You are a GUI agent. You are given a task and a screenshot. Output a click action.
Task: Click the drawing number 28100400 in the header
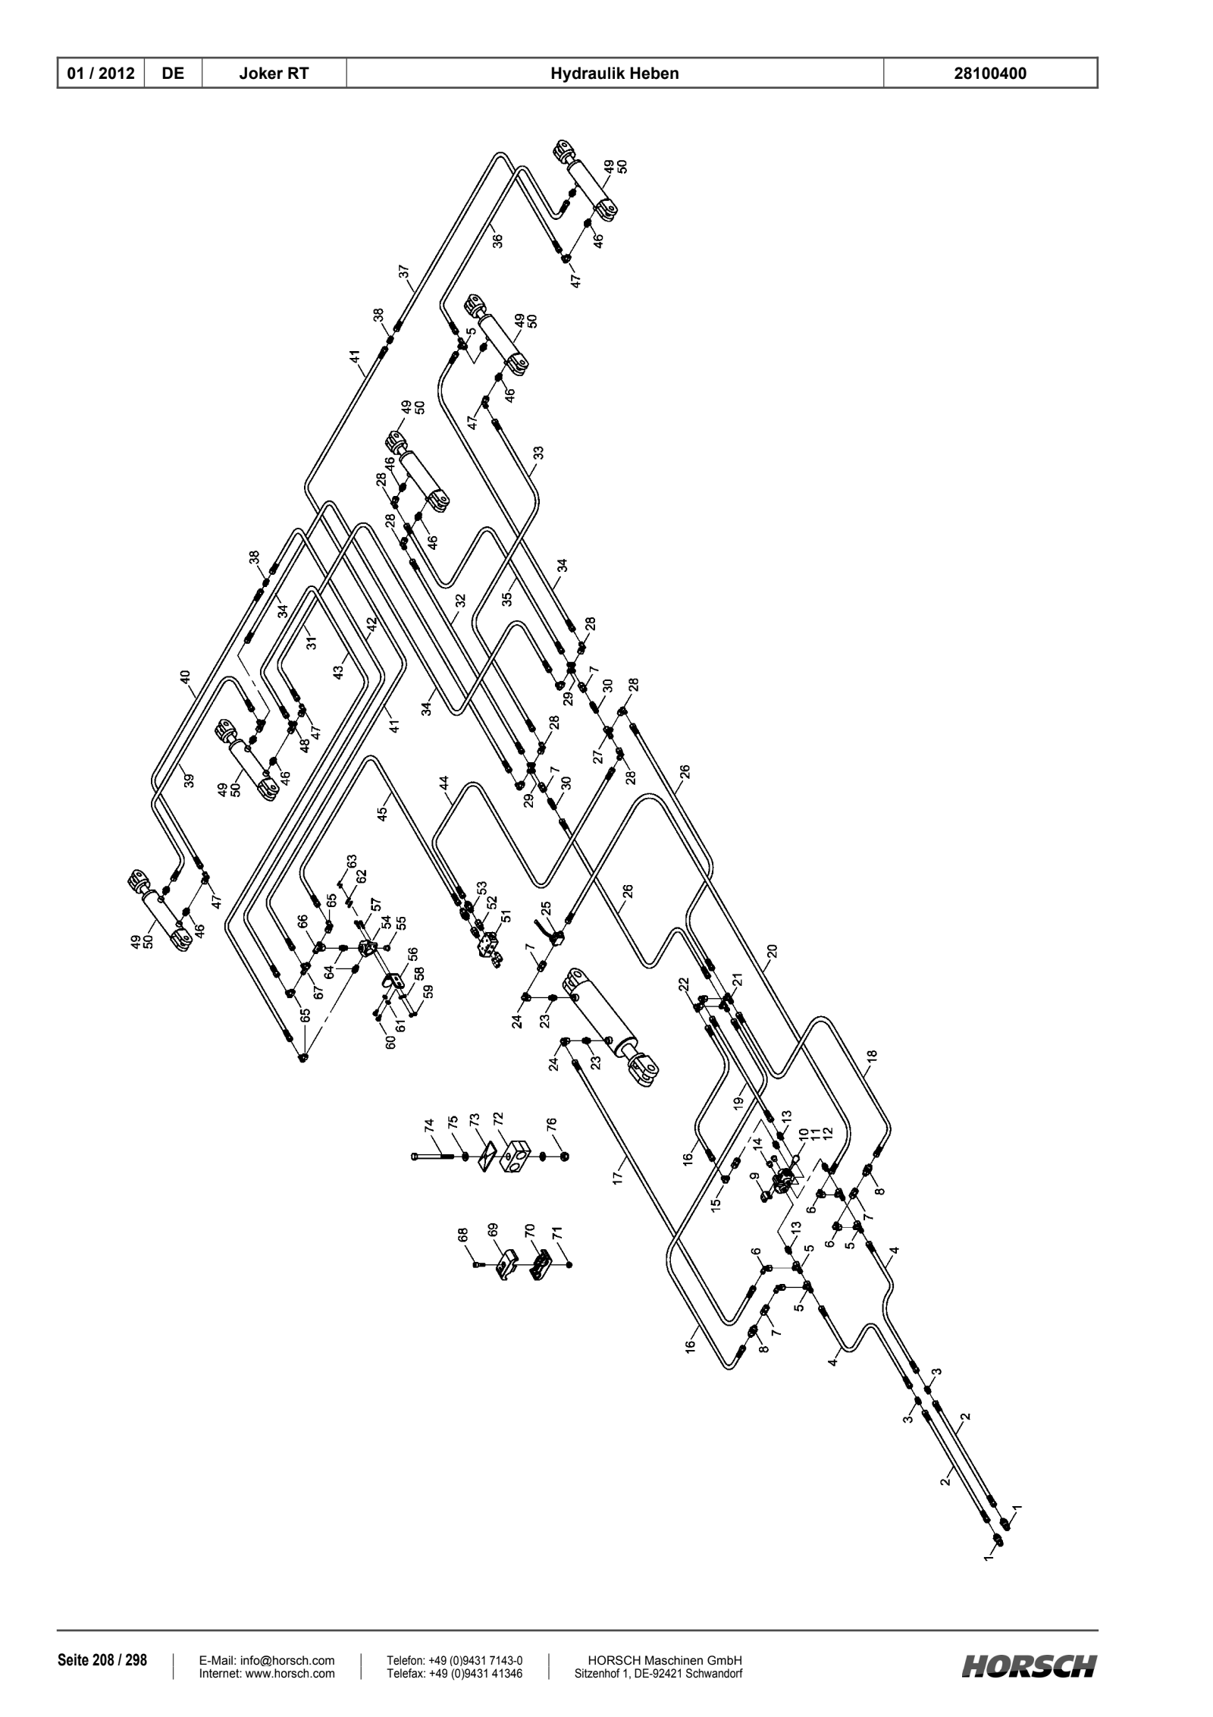click(991, 74)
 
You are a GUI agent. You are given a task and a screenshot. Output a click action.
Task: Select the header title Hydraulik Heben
click(615, 74)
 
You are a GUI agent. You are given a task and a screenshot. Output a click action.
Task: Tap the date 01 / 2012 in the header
click(101, 74)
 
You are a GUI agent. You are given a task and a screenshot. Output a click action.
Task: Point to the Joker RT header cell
click(274, 74)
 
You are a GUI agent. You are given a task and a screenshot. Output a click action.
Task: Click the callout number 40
click(186, 677)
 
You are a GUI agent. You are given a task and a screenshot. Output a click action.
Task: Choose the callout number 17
click(618, 1178)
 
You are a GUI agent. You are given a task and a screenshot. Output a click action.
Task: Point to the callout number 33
click(538, 454)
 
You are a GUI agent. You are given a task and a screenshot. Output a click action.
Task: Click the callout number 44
click(444, 783)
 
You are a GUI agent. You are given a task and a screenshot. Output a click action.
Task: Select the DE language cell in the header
click(174, 74)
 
